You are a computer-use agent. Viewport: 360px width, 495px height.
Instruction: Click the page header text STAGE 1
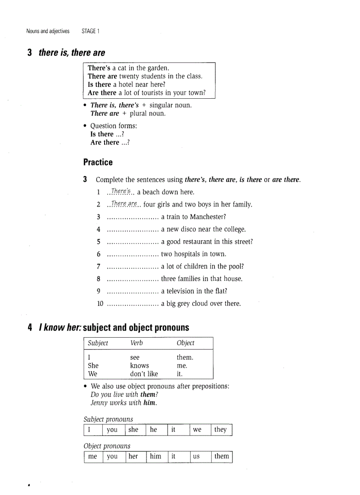pos(90,31)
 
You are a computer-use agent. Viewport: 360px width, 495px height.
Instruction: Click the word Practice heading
pos(98,162)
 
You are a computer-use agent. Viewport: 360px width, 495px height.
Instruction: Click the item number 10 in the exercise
pos(100,304)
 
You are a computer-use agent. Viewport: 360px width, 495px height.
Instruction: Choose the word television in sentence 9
pos(184,291)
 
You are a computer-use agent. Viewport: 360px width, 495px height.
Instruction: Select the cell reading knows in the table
pos(139,365)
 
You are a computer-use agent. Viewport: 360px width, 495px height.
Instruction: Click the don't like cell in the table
pos(144,374)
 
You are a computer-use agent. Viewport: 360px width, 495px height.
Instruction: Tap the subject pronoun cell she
pos(133,430)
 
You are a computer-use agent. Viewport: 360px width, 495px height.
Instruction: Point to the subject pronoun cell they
pos(220,430)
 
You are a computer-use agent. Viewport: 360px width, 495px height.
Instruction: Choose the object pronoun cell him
pos(156,456)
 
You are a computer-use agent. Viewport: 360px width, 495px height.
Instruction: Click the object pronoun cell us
pos(196,457)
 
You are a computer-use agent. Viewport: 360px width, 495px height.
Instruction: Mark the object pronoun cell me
pos(93,457)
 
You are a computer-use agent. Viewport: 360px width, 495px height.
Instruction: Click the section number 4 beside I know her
pos(30,328)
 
